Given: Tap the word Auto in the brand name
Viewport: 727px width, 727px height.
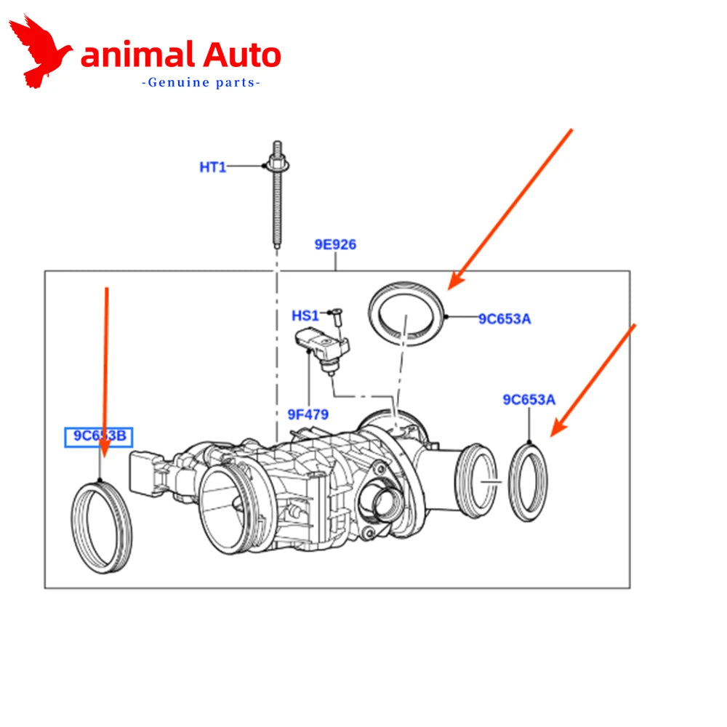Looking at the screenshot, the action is coord(241,55).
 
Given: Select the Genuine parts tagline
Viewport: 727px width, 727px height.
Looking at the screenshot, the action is coord(201,83).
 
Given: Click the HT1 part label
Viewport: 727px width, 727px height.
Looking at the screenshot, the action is coord(213,167).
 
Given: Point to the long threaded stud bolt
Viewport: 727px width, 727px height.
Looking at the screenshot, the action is coord(277,195).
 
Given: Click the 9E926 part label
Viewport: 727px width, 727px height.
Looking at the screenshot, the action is coord(335,244).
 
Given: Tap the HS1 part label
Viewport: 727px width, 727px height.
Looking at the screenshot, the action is coord(305,316).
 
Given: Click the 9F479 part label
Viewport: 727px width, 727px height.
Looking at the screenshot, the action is coord(308,414).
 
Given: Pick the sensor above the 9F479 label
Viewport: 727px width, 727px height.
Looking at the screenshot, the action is coord(322,349).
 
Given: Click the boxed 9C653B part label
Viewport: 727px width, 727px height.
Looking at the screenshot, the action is coord(99,437).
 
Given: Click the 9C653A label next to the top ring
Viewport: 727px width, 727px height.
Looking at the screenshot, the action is coord(505,319).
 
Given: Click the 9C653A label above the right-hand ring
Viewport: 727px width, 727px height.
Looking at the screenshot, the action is coord(529,400).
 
